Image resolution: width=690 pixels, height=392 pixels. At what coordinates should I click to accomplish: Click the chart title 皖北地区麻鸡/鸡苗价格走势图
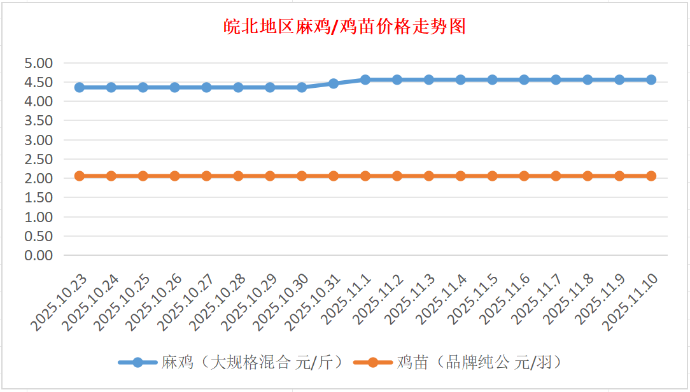(x=345, y=27)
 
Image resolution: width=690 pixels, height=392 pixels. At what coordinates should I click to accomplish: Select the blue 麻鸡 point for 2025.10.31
(x=334, y=83)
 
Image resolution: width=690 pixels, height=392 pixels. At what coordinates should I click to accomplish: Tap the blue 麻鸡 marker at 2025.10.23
(x=80, y=87)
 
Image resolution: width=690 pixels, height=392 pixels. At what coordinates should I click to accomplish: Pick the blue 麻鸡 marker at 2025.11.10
(x=651, y=80)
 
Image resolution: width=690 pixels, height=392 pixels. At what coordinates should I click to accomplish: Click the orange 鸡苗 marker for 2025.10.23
(x=80, y=176)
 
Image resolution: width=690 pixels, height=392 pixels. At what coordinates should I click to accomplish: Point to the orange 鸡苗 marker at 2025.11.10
(x=651, y=176)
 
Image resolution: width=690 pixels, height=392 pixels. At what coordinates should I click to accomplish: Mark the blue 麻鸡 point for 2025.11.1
(x=365, y=80)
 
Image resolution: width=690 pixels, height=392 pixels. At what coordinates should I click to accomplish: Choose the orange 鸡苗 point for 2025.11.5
(x=492, y=176)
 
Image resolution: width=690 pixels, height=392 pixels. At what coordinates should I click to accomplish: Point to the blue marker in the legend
(x=138, y=363)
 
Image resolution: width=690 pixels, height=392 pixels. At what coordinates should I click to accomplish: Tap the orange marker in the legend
(x=374, y=363)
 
